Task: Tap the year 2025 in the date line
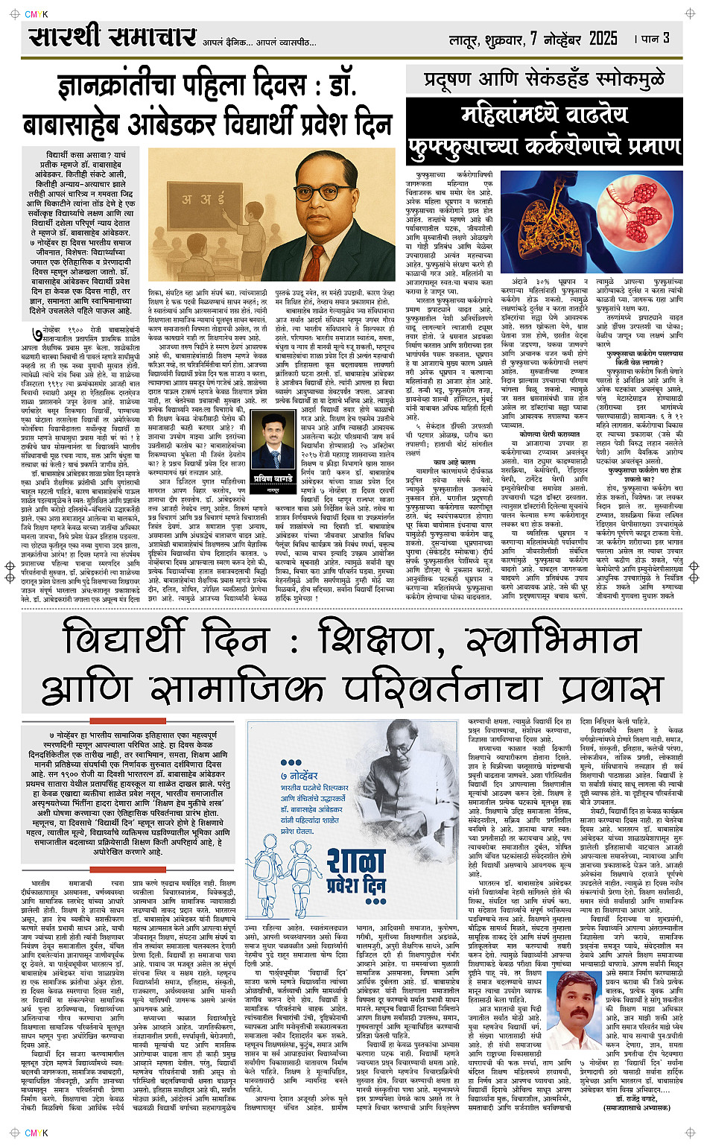[x=603, y=39]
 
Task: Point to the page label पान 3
[x=656, y=38]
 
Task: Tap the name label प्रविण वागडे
[x=273, y=478]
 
